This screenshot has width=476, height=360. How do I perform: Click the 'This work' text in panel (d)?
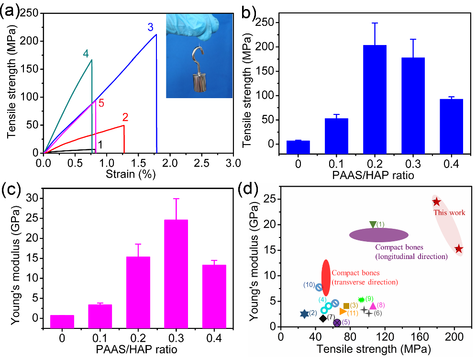tap(449, 213)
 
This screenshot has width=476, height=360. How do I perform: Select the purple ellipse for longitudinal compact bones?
tap(379, 235)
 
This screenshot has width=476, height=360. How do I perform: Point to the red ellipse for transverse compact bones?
tap(325, 278)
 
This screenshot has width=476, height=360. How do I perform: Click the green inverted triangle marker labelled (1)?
tap(373, 224)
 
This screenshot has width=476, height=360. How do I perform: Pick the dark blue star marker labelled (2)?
tap(304, 314)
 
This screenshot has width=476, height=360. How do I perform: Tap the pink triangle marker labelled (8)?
tap(373, 305)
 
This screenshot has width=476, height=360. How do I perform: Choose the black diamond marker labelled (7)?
tap(323, 318)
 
